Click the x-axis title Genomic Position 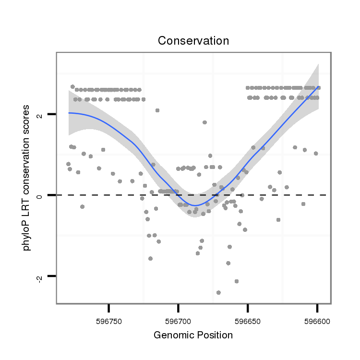click(x=193, y=335)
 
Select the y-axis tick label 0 click(x=41, y=195)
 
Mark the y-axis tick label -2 click(x=41, y=277)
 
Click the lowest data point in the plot click(x=218, y=292)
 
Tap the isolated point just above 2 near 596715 click(x=157, y=110)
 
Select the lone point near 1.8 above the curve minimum click(x=204, y=122)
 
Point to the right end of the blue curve click(x=318, y=87)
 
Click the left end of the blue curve click(x=69, y=113)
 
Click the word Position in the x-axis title click(x=215, y=335)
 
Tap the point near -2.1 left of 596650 click(x=236, y=281)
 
